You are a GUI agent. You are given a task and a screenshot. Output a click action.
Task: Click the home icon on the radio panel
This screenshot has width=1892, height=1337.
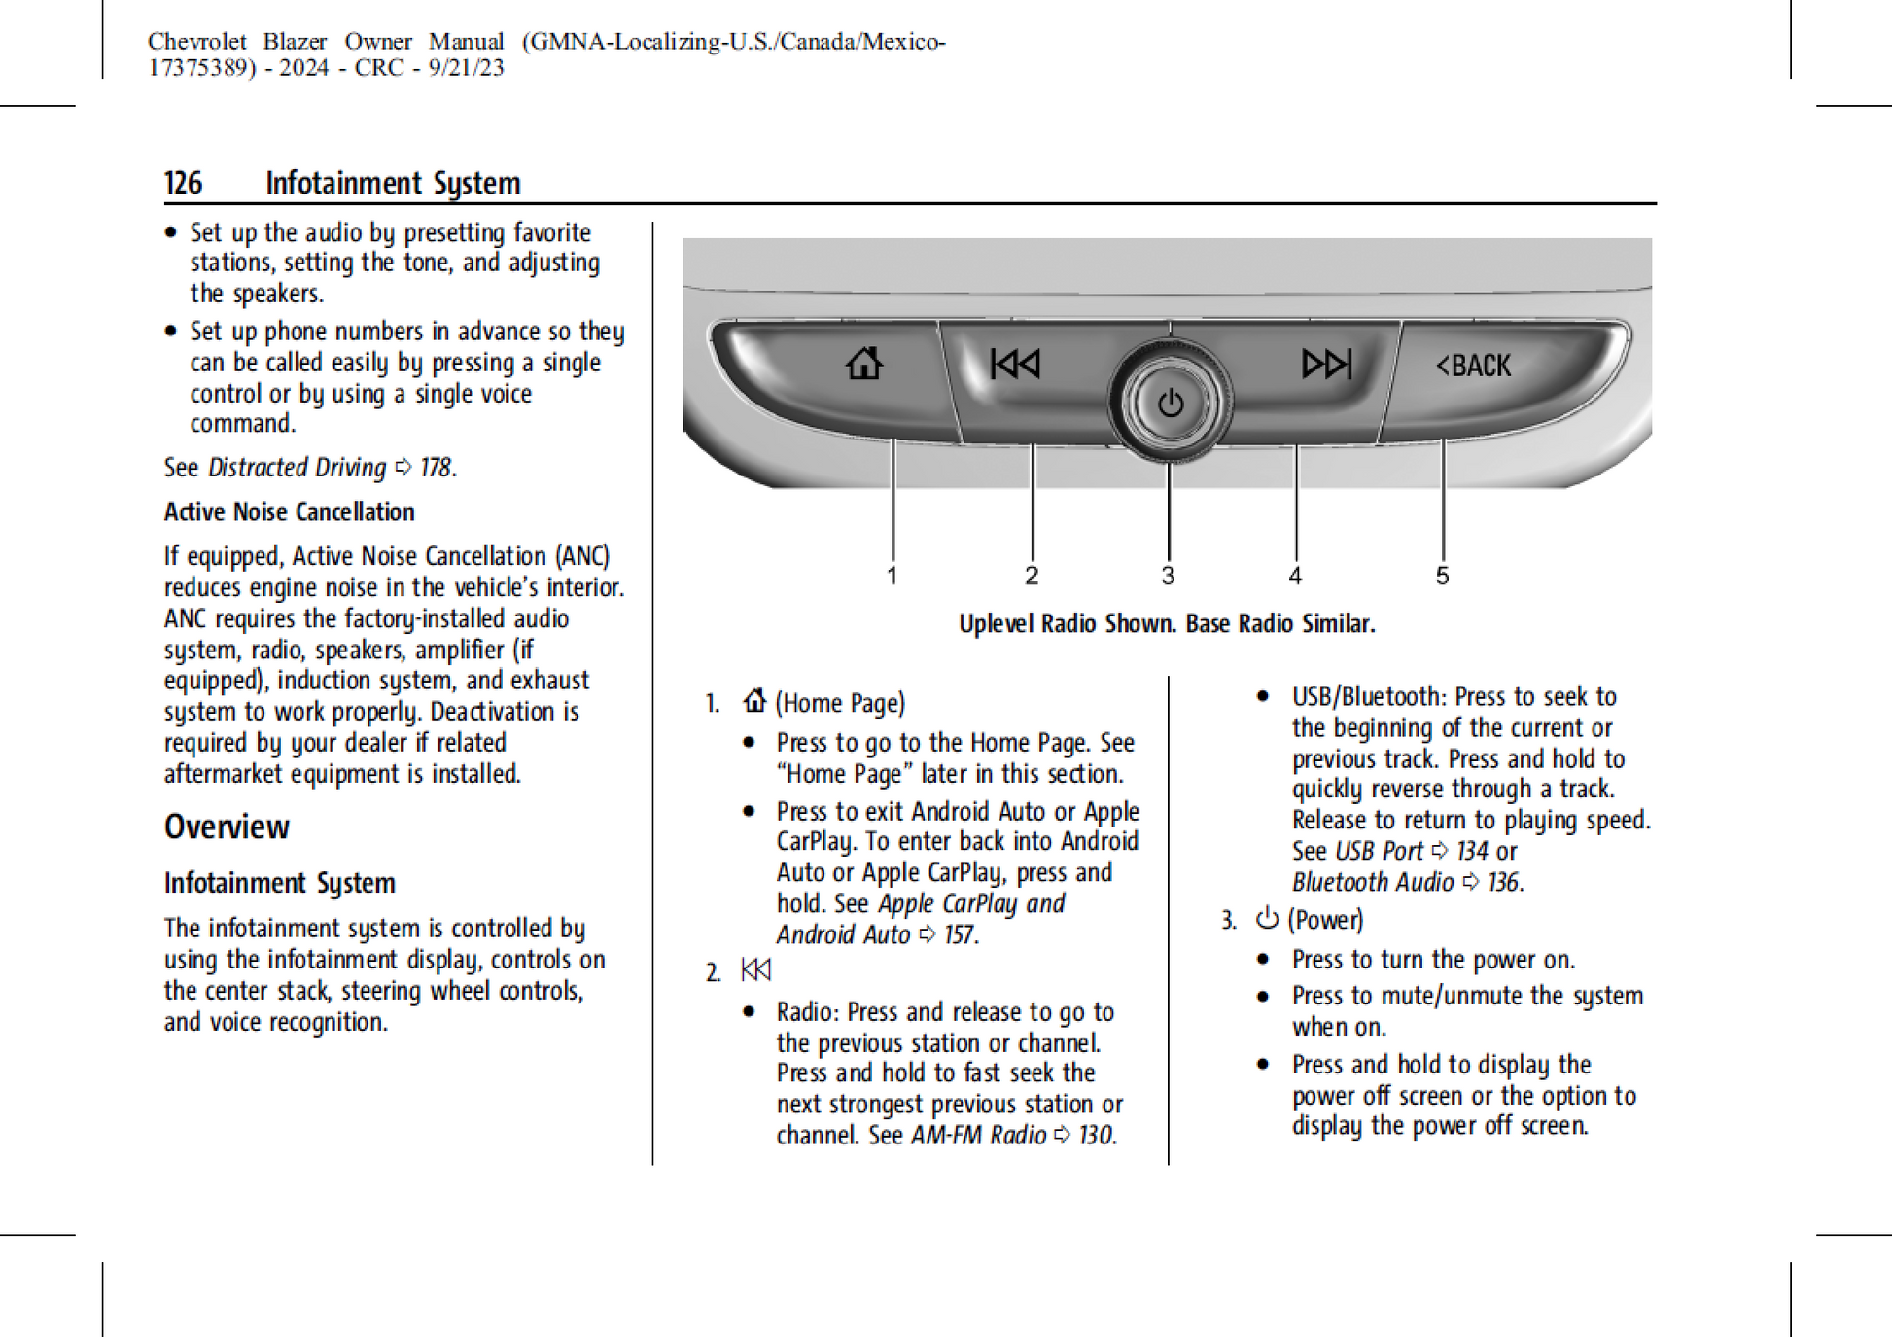[863, 364]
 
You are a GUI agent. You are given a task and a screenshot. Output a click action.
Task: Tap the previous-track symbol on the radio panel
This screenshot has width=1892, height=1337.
[1015, 364]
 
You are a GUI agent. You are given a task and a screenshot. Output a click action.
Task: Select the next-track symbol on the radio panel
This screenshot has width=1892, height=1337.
[1326, 364]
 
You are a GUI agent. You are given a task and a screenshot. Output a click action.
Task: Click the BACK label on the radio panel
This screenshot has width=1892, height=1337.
[1474, 366]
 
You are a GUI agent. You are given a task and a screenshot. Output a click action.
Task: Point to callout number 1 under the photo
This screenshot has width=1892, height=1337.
[892, 576]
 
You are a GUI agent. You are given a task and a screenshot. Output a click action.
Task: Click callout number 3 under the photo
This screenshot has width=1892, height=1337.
[1168, 576]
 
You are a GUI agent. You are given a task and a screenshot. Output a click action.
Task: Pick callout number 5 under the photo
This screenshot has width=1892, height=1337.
[1442, 576]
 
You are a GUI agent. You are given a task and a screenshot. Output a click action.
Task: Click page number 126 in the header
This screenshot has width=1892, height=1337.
[183, 183]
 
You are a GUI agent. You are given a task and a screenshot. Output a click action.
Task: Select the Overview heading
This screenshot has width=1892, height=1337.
[227, 827]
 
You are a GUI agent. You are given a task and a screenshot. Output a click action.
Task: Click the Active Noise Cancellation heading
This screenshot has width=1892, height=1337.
[289, 511]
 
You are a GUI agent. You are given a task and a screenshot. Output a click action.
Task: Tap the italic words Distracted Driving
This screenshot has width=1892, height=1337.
[297, 468]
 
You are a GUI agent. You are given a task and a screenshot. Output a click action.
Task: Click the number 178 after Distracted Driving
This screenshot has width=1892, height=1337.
[436, 468]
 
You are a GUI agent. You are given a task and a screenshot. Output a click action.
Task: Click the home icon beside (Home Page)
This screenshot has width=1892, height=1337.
[754, 700]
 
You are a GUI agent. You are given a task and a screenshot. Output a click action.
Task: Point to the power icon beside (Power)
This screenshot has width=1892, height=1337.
[1267, 918]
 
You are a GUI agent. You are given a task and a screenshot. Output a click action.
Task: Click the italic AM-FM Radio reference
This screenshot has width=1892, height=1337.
[978, 1135]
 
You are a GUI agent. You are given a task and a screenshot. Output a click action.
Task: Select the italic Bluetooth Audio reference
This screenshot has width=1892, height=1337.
[1372, 882]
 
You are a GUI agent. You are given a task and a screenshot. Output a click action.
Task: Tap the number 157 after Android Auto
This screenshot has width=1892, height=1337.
[959, 934]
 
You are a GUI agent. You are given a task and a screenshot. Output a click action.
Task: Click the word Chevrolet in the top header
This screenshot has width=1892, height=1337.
[197, 42]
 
